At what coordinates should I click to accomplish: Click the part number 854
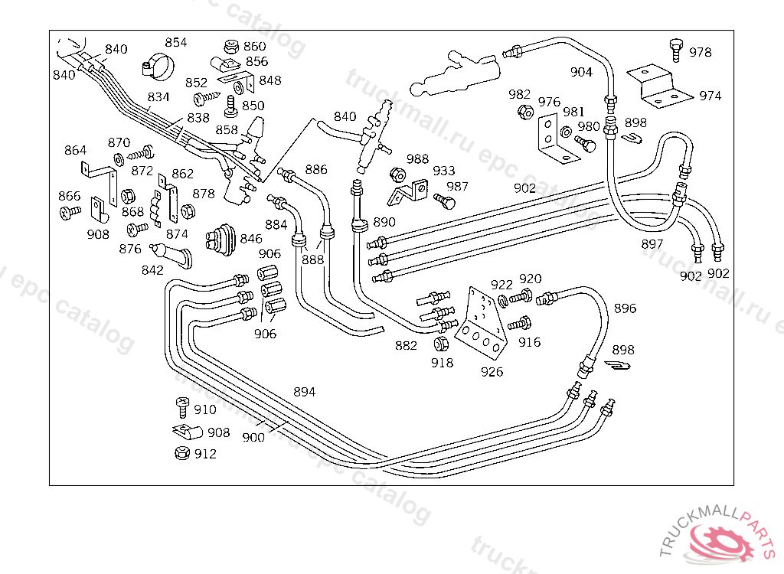tap(175, 43)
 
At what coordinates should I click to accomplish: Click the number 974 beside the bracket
tap(710, 96)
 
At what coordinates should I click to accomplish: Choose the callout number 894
tap(304, 392)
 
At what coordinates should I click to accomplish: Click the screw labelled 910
tap(182, 405)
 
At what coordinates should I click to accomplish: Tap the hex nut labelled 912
tap(181, 453)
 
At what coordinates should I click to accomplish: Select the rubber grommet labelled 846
tap(221, 238)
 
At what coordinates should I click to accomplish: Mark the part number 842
tap(152, 269)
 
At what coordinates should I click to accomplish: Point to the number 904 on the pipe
tap(581, 72)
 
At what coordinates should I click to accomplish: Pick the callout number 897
tap(652, 244)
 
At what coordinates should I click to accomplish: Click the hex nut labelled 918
tap(442, 344)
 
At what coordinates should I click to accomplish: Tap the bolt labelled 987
tap(444, 200)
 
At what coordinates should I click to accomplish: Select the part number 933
tap(443, 171)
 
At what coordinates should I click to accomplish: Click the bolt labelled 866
tap(70, 210)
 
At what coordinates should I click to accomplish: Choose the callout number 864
tap(75, 150)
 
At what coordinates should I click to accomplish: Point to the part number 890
tap(384, 222)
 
